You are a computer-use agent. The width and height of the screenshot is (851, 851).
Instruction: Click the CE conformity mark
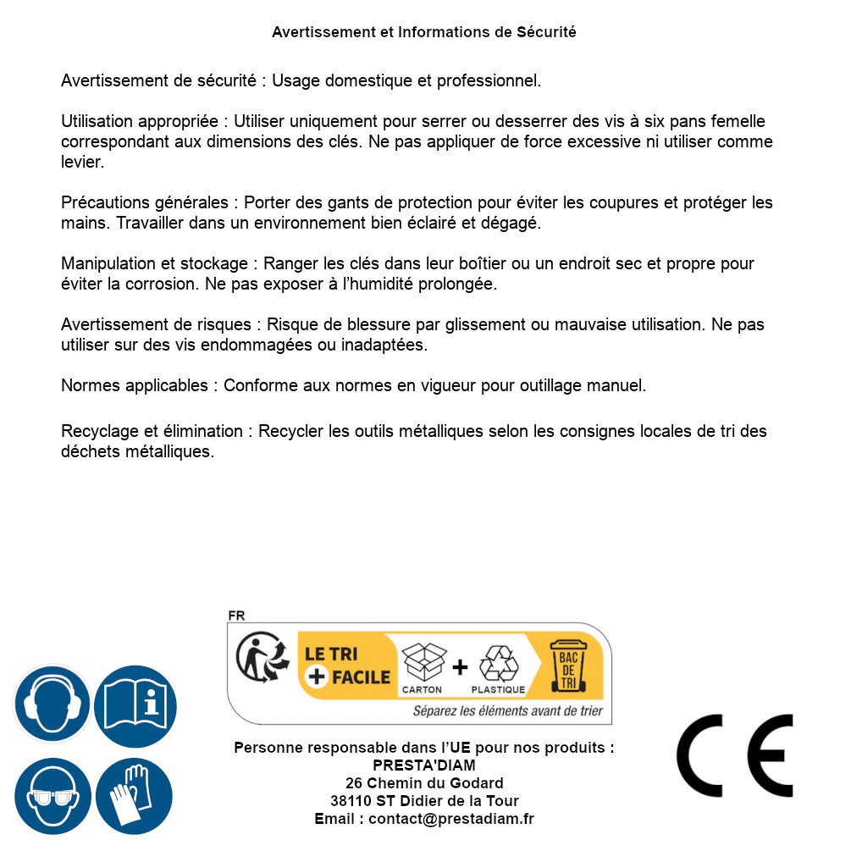click(735, 756)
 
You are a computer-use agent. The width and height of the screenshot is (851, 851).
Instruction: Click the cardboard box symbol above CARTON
click(423, 663)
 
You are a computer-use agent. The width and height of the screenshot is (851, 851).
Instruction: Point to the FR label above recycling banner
click(236, 616)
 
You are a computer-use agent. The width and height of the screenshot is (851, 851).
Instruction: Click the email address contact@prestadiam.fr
click(451, 819)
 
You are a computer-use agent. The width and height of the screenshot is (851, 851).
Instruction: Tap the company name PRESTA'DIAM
click(424, 765)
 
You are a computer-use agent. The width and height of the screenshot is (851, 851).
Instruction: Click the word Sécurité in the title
click(546, 32)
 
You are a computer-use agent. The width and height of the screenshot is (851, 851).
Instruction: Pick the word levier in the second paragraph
click(81, 162)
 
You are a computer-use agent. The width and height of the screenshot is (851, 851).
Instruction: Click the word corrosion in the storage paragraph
click(160, 285)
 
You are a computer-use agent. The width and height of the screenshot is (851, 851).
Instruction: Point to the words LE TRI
click(332, 655)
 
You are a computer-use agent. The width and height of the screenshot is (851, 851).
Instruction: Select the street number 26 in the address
click(355, 783)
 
